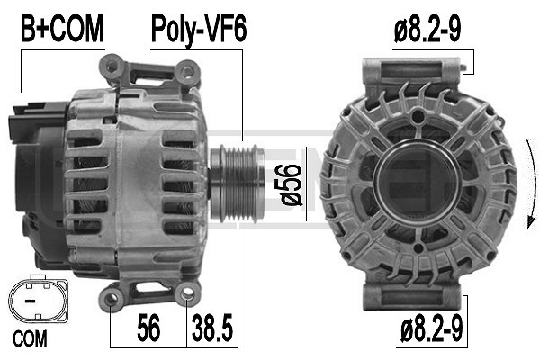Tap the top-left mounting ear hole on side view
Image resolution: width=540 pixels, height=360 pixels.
113,64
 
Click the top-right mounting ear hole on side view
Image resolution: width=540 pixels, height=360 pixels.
188,67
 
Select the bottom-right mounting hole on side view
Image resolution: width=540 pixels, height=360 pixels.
187,292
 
